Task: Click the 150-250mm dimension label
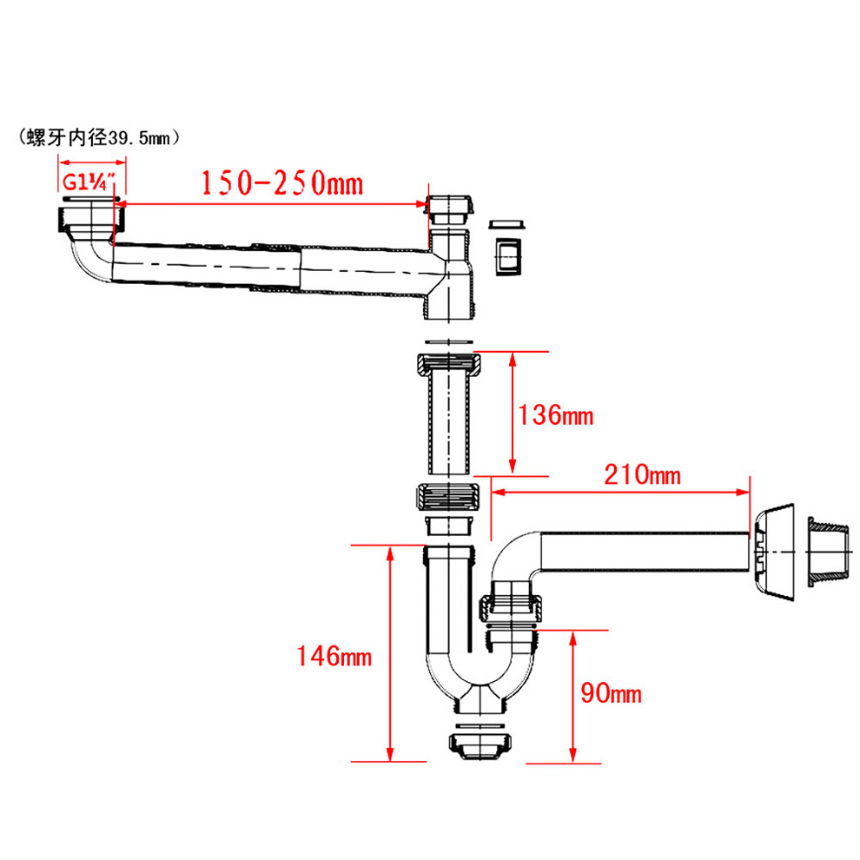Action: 282,183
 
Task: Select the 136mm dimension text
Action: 556,415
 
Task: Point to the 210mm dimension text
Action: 642,474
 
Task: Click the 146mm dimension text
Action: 334,656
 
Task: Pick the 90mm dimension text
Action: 611,693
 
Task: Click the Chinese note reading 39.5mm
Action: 99,137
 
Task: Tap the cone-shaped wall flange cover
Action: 773,552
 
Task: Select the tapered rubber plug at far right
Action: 829,552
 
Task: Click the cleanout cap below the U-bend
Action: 480,744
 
